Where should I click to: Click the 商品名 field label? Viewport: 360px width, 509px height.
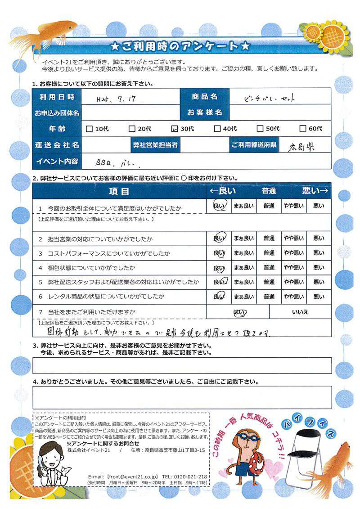204,97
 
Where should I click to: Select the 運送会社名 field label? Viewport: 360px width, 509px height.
57,145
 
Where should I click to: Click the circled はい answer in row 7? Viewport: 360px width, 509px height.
238,311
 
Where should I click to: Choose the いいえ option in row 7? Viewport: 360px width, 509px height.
300,311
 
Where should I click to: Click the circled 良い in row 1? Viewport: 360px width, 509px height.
219,206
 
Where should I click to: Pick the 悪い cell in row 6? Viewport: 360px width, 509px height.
319,297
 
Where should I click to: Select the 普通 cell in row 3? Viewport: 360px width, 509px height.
269,253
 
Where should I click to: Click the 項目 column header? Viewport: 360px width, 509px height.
119,191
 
